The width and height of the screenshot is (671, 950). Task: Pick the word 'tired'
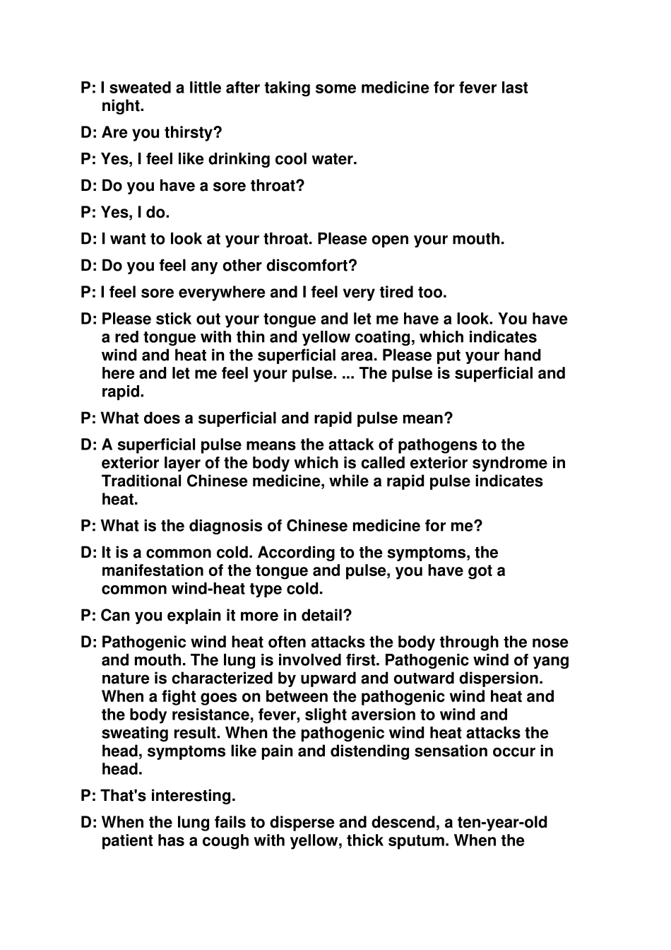pyautogui.click(x=391, y=293)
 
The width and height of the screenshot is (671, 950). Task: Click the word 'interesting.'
pyautogui.click(x=191, y=796)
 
